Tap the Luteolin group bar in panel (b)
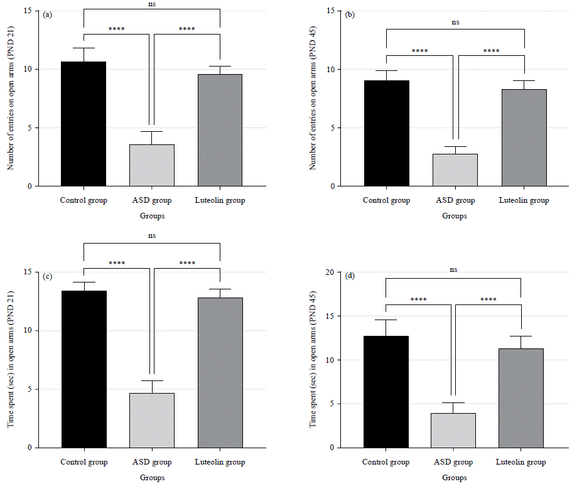pos(524,137)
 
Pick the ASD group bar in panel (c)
pos(151,420)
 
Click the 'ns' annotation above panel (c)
pos(152,235)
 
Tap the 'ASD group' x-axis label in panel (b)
pos(455,200)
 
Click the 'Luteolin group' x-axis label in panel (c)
pos(220,462)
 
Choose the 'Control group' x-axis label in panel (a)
pos(84,200)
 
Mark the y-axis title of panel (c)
pos(11,359)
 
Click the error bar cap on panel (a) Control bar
pos(84,48)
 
